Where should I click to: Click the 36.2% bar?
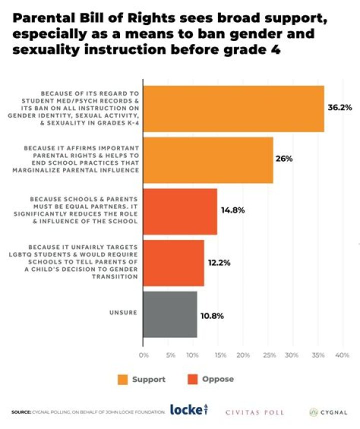coord(233,109)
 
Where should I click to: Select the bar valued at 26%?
coord(208,160)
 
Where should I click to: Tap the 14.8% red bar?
coord(180,211)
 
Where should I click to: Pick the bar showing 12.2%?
coord(173,263)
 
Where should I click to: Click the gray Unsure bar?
coord(170,314)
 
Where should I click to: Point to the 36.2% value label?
coord(340,107)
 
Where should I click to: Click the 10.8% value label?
coord(212,316)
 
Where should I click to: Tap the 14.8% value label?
coord(233,210)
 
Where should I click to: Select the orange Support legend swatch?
coord(122,379)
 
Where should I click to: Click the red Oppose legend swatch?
coord(192,379)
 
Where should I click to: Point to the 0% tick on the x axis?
coord(143,355)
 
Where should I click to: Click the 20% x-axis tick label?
coord(243,355)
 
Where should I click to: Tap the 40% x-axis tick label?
coord(342,355)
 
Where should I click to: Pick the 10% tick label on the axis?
coord(192,355)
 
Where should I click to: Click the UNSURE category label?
coord(123,312)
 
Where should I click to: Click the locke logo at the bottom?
coord(189,409)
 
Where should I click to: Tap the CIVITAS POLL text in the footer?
coord(254,412)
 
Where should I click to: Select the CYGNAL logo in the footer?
coord(328,412)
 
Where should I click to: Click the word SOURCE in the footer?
coord(21,412)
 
